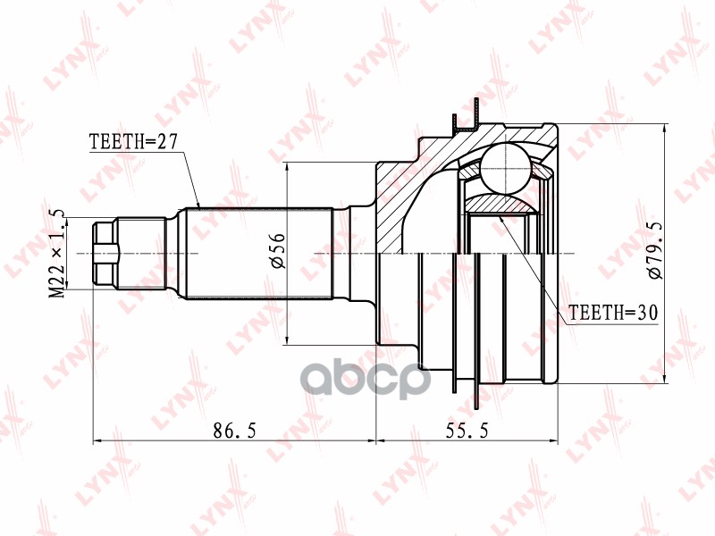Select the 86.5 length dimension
pyautogui.click(x=236, y=431)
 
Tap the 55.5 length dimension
pyautogui.click(x=467, y=431)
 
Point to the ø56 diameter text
pyautogui.click(x=277, y=251)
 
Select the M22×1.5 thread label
pyautogui.click(x=57, y=253)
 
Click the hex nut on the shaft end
pyautogui.click(x=105, y=253)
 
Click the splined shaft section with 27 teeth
pyautogui.click(x=259, y=253)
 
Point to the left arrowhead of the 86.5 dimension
pyautogui.click(x=97, y=440)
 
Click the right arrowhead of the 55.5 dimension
pyautogui.click(x=555, y=440)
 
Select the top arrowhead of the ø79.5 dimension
pyautogui.click(x=665, y=128)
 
